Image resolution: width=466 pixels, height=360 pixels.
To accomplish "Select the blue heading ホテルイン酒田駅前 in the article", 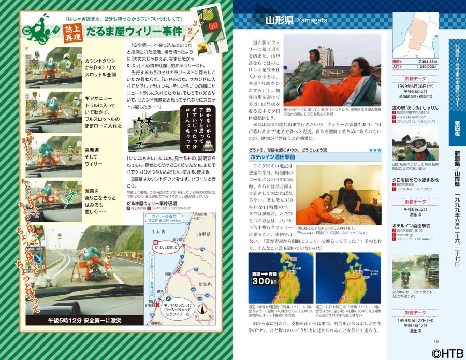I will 272,156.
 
